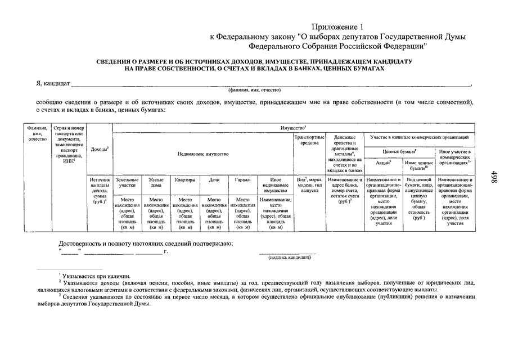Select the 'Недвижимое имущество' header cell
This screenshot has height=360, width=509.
point(203,154)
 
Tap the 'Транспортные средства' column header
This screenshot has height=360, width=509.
point(309,140)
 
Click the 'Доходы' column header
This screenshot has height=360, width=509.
point(100,149)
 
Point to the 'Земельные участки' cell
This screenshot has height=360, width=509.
point(127,183)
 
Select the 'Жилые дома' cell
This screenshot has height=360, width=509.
point(156,183)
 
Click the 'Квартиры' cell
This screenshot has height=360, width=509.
point(185,180)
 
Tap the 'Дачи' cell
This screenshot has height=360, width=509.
point(214,180)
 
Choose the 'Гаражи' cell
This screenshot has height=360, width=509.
point(242,180)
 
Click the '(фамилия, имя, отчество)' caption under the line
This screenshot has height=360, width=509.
point(254,90)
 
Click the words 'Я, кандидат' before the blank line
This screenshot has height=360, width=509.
point(52,83)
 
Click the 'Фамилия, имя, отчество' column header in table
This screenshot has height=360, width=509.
point(37,134)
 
